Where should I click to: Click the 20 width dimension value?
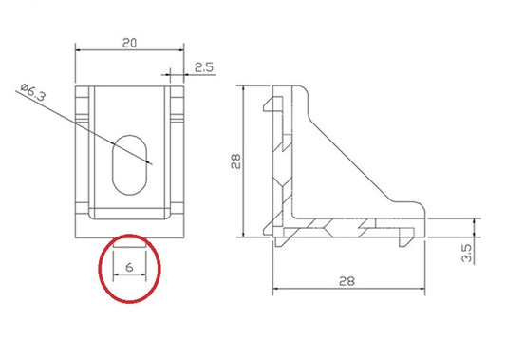(130, 43)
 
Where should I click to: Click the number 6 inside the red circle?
(127, 268)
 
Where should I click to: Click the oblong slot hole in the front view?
(130, 163)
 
